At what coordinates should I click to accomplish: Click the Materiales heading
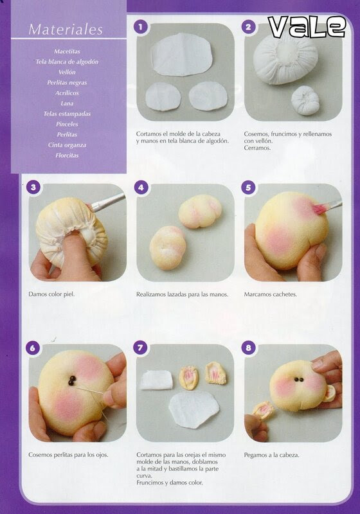66,30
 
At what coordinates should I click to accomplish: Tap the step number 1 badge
141,26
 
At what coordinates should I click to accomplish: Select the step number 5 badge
248,188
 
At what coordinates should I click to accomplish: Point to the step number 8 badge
248,348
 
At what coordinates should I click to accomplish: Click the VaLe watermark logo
307,27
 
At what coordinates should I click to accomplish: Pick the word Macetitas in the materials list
67,51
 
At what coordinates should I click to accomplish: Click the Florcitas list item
67,155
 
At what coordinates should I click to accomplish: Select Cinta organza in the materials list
67,145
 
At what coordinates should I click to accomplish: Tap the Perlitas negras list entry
67,83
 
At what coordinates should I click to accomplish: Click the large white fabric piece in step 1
182,55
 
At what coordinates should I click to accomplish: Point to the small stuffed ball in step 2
305,100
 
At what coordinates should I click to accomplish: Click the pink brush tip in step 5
318,208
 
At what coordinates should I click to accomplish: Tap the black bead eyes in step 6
72,380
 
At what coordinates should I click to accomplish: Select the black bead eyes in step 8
298,379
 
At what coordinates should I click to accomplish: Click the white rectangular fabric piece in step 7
156,380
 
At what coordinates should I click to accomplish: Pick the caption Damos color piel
51,294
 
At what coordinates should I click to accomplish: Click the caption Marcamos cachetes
270,294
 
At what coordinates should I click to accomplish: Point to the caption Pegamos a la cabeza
271,455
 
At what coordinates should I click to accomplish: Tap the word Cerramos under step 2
257,148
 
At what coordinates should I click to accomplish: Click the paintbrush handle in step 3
108,202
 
